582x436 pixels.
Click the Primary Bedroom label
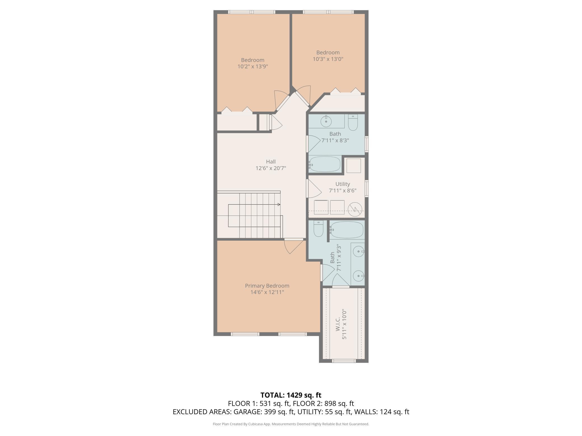[267, 286]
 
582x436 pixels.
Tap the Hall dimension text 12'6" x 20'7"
[271, 168]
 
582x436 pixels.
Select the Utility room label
[342, 184]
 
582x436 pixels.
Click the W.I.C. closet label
[338, 324]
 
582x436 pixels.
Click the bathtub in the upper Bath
[325, 164]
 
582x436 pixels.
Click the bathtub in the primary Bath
[346, 230]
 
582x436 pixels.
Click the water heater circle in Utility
[355, 209]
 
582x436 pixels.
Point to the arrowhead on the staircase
[279, 205]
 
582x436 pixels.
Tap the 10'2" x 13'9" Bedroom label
[253, 60]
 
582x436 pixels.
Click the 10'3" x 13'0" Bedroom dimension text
[328, 59]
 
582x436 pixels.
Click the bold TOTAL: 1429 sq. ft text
[291, 395]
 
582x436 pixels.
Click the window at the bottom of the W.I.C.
[344, 361]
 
